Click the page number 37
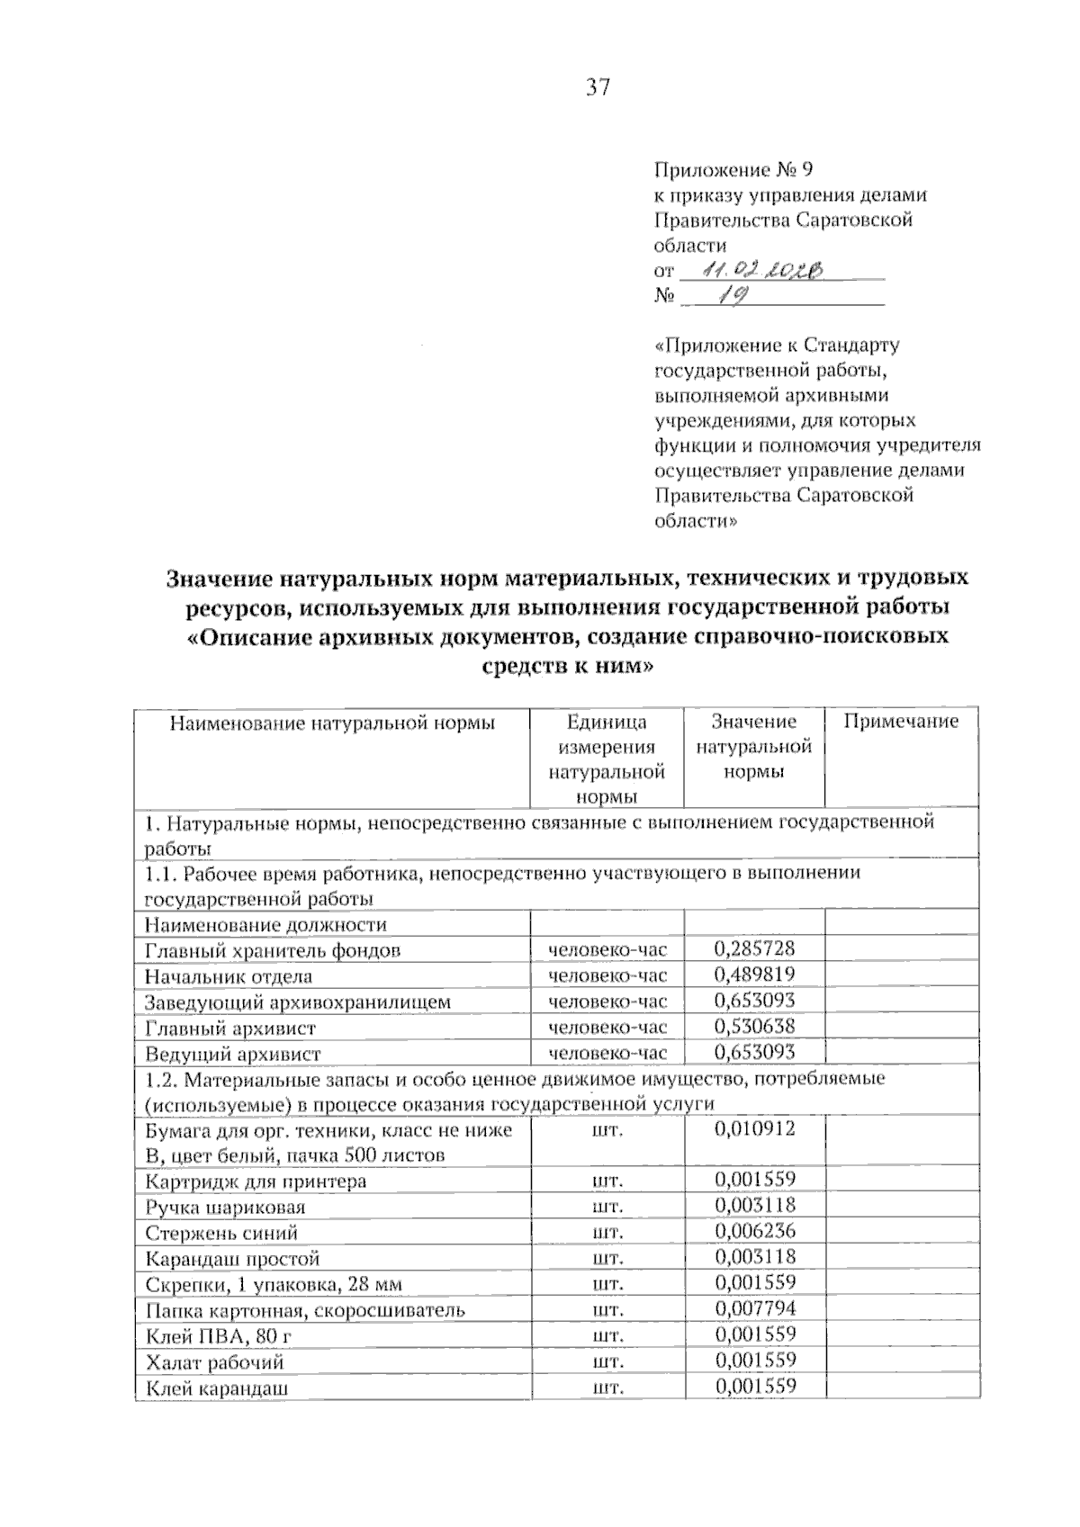pyautogui.click(x=598, y=87)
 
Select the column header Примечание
pyautogui.click(x=901, y=721)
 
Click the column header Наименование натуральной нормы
pyautogui.click(x=332, y=722)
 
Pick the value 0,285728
pyautogui.click(x=754, y=948)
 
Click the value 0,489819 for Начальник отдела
pyautogui.click(x=754, y=975)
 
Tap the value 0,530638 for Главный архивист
pyautogui.click(x=754, y=1026)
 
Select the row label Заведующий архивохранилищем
pyautogui.click(x=297, y=1002)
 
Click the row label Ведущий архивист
pyautogui.click(x=232, y=1054)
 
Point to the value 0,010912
pyautogui.click(x=754, y=1128)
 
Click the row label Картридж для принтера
pyautogui.click(x=255, y=1181)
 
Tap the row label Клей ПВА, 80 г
pyautogui.click(x=218, y=1336)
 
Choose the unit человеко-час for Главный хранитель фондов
pyautogui.click(x=607, y=950)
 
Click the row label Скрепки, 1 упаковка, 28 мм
pyautogui.click(x=274, y=1284)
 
